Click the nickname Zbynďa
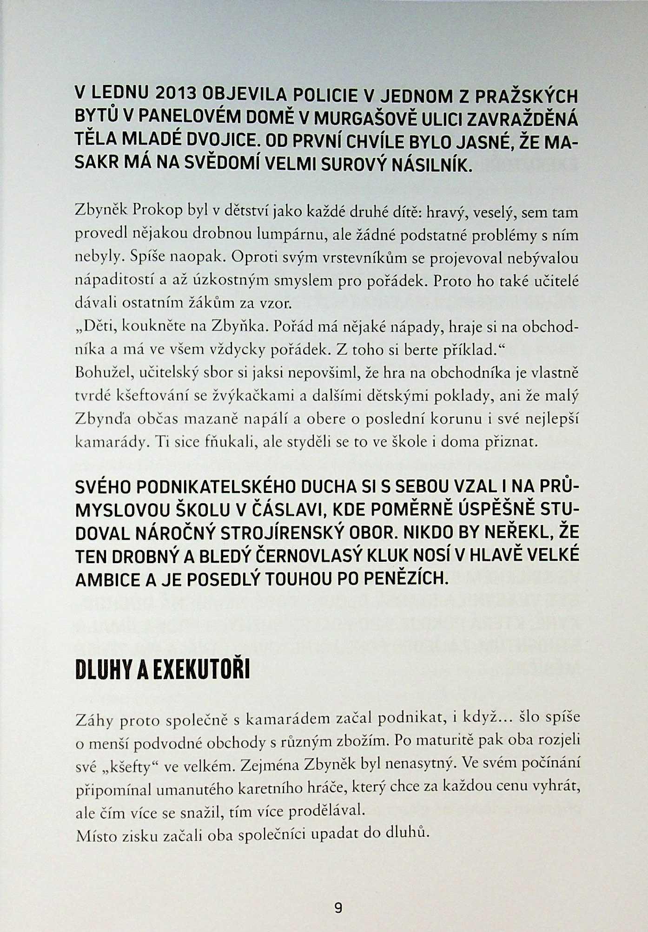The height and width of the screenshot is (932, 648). [x=103, y=419]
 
